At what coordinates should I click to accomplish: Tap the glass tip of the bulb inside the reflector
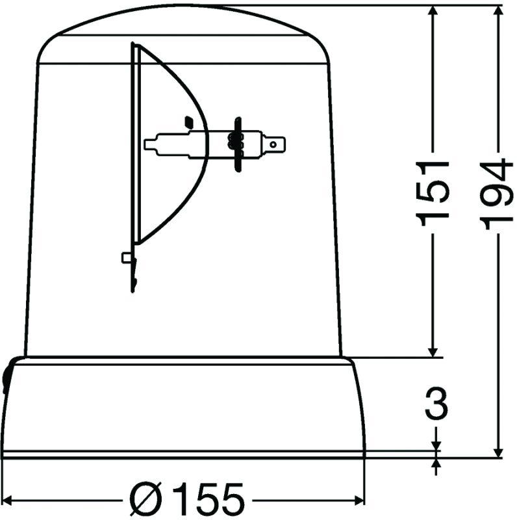tap(151, 143)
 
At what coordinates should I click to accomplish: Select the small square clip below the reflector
tap(127, 258)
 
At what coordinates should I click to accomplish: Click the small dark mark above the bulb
tap(188, 121)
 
